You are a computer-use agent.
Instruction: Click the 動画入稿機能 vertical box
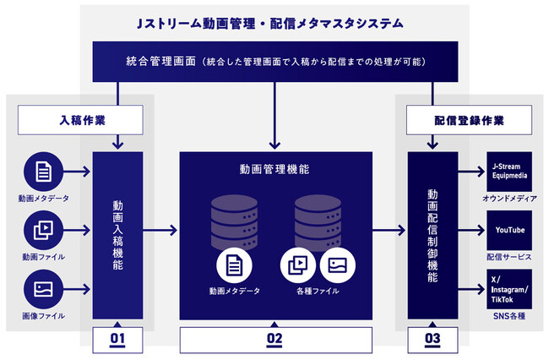point(117,235)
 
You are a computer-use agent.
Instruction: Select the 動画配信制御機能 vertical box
point(432,235)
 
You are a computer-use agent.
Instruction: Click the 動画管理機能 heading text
point(274,169)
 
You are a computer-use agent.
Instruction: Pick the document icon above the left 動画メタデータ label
point(43,172)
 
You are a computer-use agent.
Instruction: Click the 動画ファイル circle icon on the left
point(43,230)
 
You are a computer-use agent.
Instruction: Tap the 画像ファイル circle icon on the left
point(43,288)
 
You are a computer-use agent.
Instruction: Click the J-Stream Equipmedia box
point(509,172)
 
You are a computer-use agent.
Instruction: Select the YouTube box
point(509,230)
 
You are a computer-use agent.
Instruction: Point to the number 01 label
point(117,340)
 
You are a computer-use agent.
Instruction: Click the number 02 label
point(274,340)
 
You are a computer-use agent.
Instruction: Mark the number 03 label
point(432,340)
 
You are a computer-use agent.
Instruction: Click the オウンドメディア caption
point(509,199)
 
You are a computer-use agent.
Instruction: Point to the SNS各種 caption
point(509,315)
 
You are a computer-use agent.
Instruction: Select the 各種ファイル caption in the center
point(313,291)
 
